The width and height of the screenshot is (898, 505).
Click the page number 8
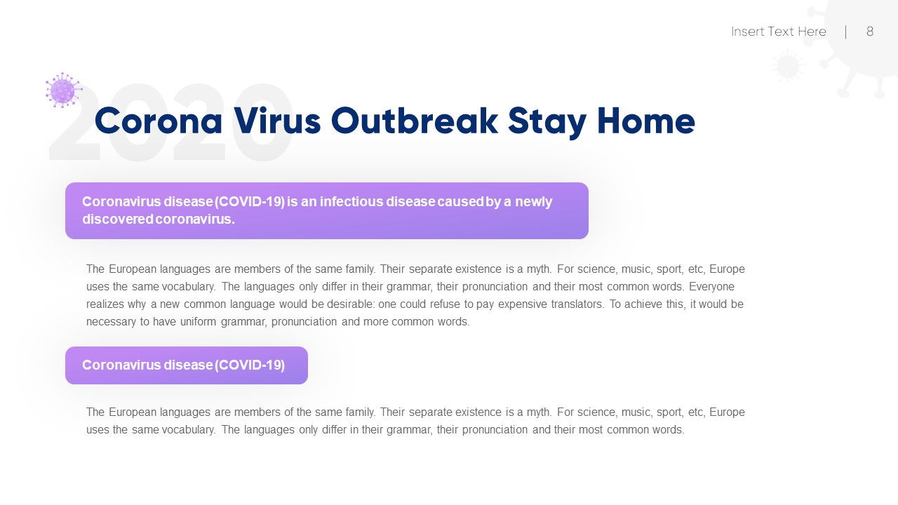pos(870,32)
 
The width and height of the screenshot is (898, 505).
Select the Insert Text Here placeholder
pos(778,32)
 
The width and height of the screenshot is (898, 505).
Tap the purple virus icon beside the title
pos(63,90)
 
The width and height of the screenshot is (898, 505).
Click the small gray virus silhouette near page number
pos(788,67)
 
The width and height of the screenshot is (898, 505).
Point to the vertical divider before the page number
pos(845,32)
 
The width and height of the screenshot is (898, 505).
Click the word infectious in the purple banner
pos(353,202)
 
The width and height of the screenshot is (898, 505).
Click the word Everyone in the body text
pos(711,287)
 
